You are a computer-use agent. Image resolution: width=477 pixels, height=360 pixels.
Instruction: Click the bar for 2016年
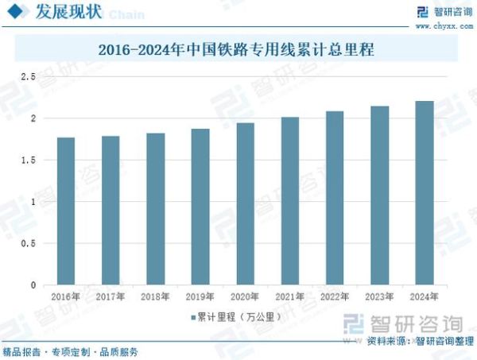coord(65,211)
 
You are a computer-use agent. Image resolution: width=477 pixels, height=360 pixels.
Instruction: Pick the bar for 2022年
coord(335,198)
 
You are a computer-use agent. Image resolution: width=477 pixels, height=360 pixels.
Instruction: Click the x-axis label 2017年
coord(111,296)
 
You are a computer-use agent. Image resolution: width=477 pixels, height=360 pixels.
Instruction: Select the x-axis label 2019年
coord(200,296)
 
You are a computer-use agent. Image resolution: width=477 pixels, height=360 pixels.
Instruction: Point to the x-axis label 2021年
coord(290,296)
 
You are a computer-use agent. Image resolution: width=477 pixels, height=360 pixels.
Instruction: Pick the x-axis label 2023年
coord(380,296)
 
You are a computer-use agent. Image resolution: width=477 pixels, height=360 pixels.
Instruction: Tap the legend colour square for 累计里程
coord(192,317)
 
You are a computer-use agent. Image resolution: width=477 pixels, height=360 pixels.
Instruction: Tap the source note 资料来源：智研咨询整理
coord(418,342)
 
